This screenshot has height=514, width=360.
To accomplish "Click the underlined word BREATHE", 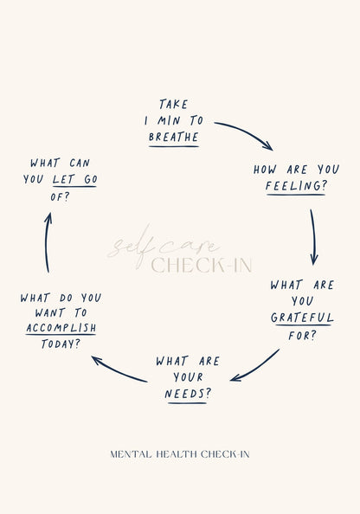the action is [x=174, y=137].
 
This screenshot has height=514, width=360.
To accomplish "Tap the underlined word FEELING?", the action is [x=296, y=186].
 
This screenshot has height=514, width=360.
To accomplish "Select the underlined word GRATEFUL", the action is [x=302, y=318].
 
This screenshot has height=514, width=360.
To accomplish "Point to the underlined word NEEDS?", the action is [x=188, y=394].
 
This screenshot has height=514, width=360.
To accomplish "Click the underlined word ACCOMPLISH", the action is [x=61, y=327].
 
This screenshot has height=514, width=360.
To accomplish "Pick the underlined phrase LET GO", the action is [x=74, y=179].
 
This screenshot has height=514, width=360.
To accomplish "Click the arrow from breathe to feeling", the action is [x=245, y=132].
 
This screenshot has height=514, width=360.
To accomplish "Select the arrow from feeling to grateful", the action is [x=314, y=237].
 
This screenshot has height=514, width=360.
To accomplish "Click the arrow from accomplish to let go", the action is [x=47, y=242].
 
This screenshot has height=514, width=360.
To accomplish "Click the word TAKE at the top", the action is [x=173, y=104].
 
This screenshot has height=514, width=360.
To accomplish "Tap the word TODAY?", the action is [x=61, y=344].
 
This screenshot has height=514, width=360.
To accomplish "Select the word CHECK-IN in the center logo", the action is [x=202, y=265].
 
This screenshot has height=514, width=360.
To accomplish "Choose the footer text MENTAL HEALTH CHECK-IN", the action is [x=180, y=454].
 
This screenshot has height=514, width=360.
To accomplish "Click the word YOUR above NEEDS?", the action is [x=188, y=377].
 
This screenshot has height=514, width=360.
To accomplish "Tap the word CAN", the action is [x=80, y=163].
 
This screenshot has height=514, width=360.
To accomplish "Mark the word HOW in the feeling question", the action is [x=265, y=170].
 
